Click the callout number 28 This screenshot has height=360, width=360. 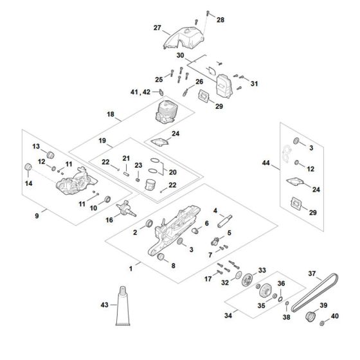[221, 21]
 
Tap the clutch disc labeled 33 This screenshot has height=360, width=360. [244, 280]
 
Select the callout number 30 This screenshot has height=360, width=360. [181, 56]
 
